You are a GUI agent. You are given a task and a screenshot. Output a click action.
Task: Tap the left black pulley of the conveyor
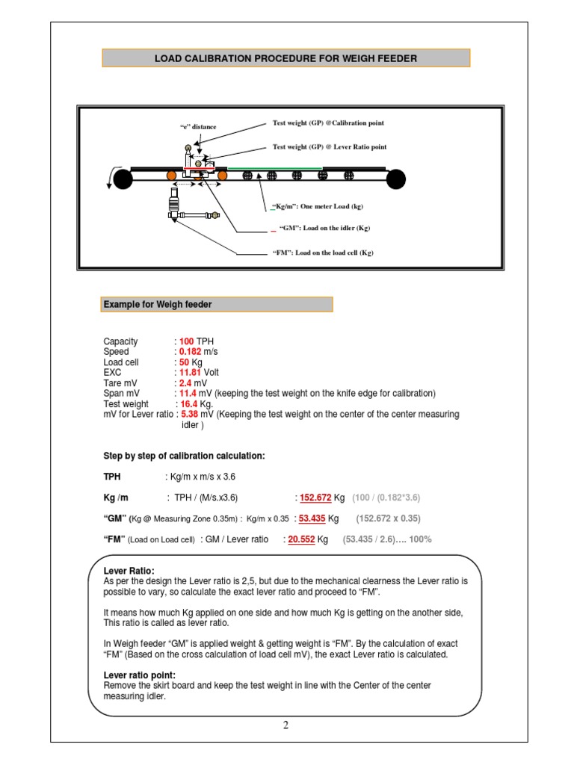pyautogui.click(x=123, y=179)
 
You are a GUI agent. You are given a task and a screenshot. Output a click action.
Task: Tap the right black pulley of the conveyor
pyautogui.click(x=395, y=179)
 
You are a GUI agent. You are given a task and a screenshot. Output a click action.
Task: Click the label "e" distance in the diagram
pyautogui.click(x=198, y=127)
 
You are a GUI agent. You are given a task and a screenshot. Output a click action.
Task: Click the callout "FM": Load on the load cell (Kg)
pyautogui.click(x=323, y=253)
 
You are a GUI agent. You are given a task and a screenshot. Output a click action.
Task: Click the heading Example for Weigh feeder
pyautogui.click(x=158, y=304)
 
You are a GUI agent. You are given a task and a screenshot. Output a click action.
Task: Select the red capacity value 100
pyautogui.click(x=186, y=341)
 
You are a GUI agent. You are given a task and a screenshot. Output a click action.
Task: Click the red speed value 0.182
pyautogui.click(x=190, y=352)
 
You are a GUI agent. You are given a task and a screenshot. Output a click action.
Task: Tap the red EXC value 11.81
pyautogui.click(x=190, y=372)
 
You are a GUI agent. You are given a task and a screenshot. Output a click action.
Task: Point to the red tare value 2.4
pyautogui.click(x=185, y=382)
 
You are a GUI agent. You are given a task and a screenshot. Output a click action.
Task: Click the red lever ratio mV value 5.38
pyautogui.click(x=189, y=414)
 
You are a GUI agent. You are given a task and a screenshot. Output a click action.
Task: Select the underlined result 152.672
pyautogui.click(x=315, y=498)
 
